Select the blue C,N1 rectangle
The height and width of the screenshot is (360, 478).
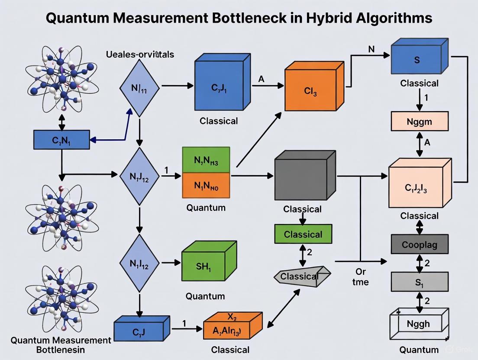(61, 139)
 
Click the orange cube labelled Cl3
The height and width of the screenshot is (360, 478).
(311, 91)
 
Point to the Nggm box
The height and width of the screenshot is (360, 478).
(419, 121)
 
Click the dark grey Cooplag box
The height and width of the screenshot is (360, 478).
(419, 244)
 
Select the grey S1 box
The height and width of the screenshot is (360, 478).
(419, 282)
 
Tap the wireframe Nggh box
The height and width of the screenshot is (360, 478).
(418, 322)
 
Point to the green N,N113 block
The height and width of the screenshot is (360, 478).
(206, 160)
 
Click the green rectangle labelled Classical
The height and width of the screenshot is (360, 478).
(303, 234)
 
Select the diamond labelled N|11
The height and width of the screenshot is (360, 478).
(139, 88)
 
